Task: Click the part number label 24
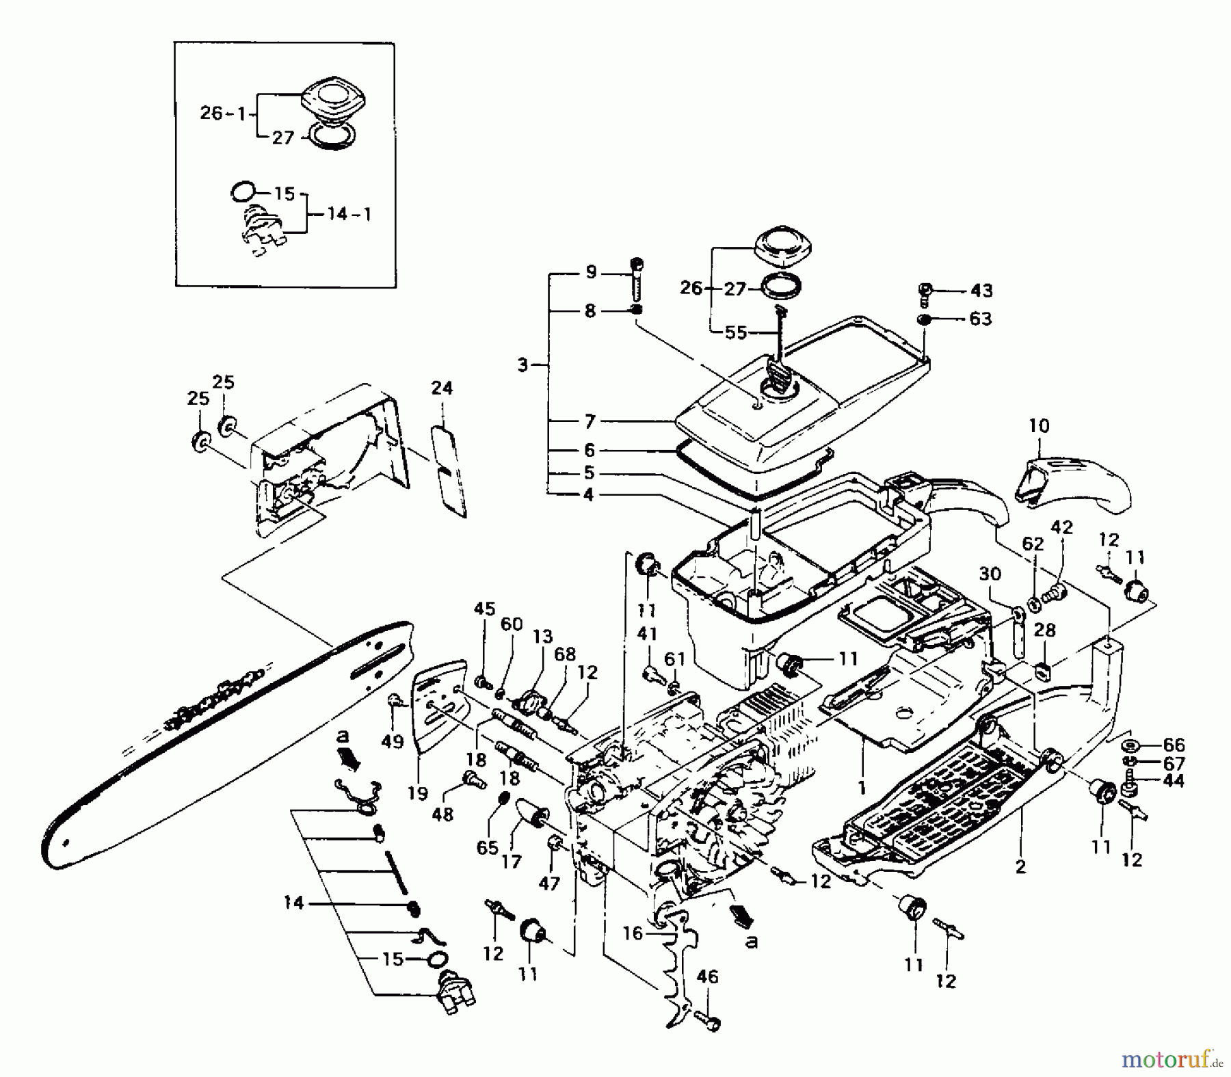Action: [x=442, y=388]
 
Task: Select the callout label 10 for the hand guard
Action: [x=1039, y=426]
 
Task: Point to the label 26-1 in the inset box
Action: [x=223, y=114]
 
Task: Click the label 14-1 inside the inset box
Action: [x=349, y=215]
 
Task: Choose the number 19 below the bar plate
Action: [x=417, y=793]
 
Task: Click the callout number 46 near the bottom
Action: [x=707, y=977]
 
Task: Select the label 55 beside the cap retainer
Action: [x=735, y=333]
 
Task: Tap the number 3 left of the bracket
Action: [x=523, y=365]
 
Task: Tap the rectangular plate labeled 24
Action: [x=449, y=472]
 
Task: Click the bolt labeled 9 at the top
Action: [x=637, y=276]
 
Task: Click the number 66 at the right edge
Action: [x=1174, y=745]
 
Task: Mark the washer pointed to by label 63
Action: [x=924, y=319]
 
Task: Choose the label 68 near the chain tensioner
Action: [x=565, y=654]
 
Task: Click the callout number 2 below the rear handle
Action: [x=1020, y=867]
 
